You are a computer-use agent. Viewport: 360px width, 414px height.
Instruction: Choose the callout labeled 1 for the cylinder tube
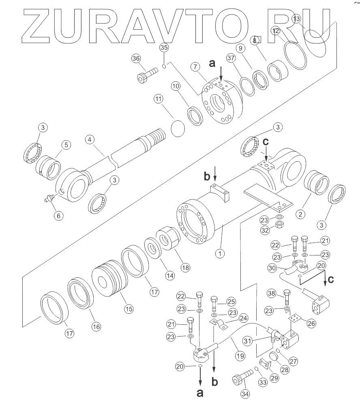tap(220, 254)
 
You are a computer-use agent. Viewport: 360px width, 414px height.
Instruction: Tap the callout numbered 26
tap(311, 323)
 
